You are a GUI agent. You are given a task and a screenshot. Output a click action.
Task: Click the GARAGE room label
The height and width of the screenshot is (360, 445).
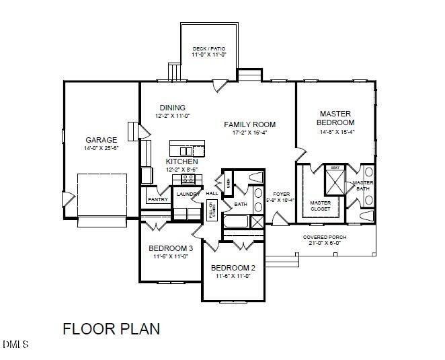(101, 140)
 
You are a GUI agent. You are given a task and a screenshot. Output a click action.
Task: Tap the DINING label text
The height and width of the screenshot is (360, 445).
(172, 108)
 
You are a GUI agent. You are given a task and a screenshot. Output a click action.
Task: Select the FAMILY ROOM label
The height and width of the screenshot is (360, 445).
(250, 124)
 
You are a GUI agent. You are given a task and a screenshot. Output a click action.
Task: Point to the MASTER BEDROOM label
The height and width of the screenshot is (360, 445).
(336, 118)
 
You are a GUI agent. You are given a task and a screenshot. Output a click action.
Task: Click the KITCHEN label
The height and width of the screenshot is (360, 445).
(181, 162)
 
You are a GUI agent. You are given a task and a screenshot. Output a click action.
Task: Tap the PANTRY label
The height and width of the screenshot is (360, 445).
(157, 199)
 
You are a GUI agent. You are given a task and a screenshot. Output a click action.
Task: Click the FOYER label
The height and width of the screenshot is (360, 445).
(281, 194)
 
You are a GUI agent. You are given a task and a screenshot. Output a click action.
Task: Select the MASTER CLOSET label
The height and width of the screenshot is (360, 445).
(320, 205)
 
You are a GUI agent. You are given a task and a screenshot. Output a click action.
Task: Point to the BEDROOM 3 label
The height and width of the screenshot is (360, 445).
(167, 248)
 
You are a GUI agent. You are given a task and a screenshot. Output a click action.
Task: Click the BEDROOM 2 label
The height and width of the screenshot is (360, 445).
(235, 268)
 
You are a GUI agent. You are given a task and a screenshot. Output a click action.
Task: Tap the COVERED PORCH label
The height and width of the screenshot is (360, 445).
(324, 237)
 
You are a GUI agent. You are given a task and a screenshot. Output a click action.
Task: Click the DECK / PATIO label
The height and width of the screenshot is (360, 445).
(210, 49)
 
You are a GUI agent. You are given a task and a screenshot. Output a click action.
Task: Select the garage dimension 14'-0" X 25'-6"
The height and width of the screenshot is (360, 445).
(101, 148)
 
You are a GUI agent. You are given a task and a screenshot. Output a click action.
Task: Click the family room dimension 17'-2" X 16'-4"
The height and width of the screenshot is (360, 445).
(250, 133)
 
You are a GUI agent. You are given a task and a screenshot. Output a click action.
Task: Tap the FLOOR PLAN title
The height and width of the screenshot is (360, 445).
(111, 329)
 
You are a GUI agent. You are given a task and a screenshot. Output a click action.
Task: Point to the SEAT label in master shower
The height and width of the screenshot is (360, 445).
(334, 168)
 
